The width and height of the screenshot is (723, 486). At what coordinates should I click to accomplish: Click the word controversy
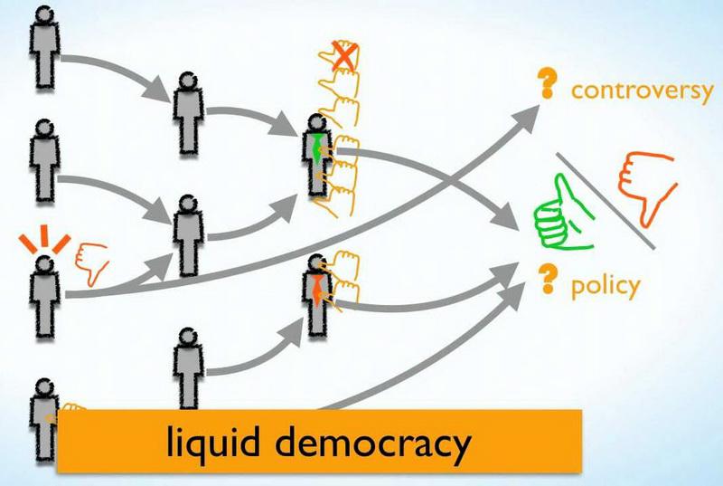[642, 91]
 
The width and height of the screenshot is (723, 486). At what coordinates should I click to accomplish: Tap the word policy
[606, 286]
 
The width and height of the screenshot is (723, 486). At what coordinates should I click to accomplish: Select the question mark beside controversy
[545, 84]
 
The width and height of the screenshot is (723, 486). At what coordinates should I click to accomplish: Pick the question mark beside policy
[545, 280]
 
